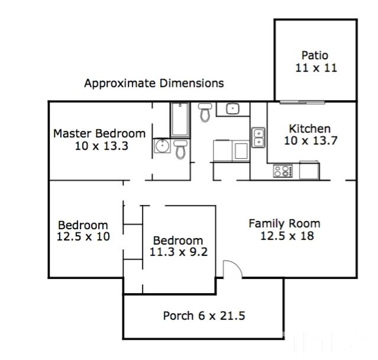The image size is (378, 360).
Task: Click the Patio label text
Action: (x=315, y=55)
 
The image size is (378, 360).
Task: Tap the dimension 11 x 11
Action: (x=316, y=68)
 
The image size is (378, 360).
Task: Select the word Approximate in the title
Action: (x=120, y=83)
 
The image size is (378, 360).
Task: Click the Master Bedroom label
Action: (x=99, y=133)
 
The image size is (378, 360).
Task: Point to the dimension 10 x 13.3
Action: (x=102, y=146)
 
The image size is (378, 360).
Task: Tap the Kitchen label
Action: (x=310, y=128)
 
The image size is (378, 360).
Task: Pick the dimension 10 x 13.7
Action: (x=311, y=140)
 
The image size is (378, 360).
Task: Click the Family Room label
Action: (x=285, y=223)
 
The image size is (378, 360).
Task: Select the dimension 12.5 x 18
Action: (x=287, y=236)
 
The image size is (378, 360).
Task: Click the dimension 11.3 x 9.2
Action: (x=179, y=252)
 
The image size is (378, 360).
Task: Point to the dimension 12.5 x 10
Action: (x=83, y=236)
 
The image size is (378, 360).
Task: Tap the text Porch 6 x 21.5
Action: (x=204, y=316)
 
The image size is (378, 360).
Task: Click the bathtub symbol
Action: (x=180, y=120)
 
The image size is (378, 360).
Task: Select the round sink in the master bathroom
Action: (x=162, y=146)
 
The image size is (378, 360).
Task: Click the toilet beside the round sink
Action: (x=180, y=149)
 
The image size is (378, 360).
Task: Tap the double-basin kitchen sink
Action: (x=258, y=137)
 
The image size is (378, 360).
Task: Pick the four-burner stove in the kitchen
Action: (x=283, y=171)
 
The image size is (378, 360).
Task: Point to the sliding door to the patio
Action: (x=302, y=102)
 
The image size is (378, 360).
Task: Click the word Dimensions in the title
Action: (x=192, y=83)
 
